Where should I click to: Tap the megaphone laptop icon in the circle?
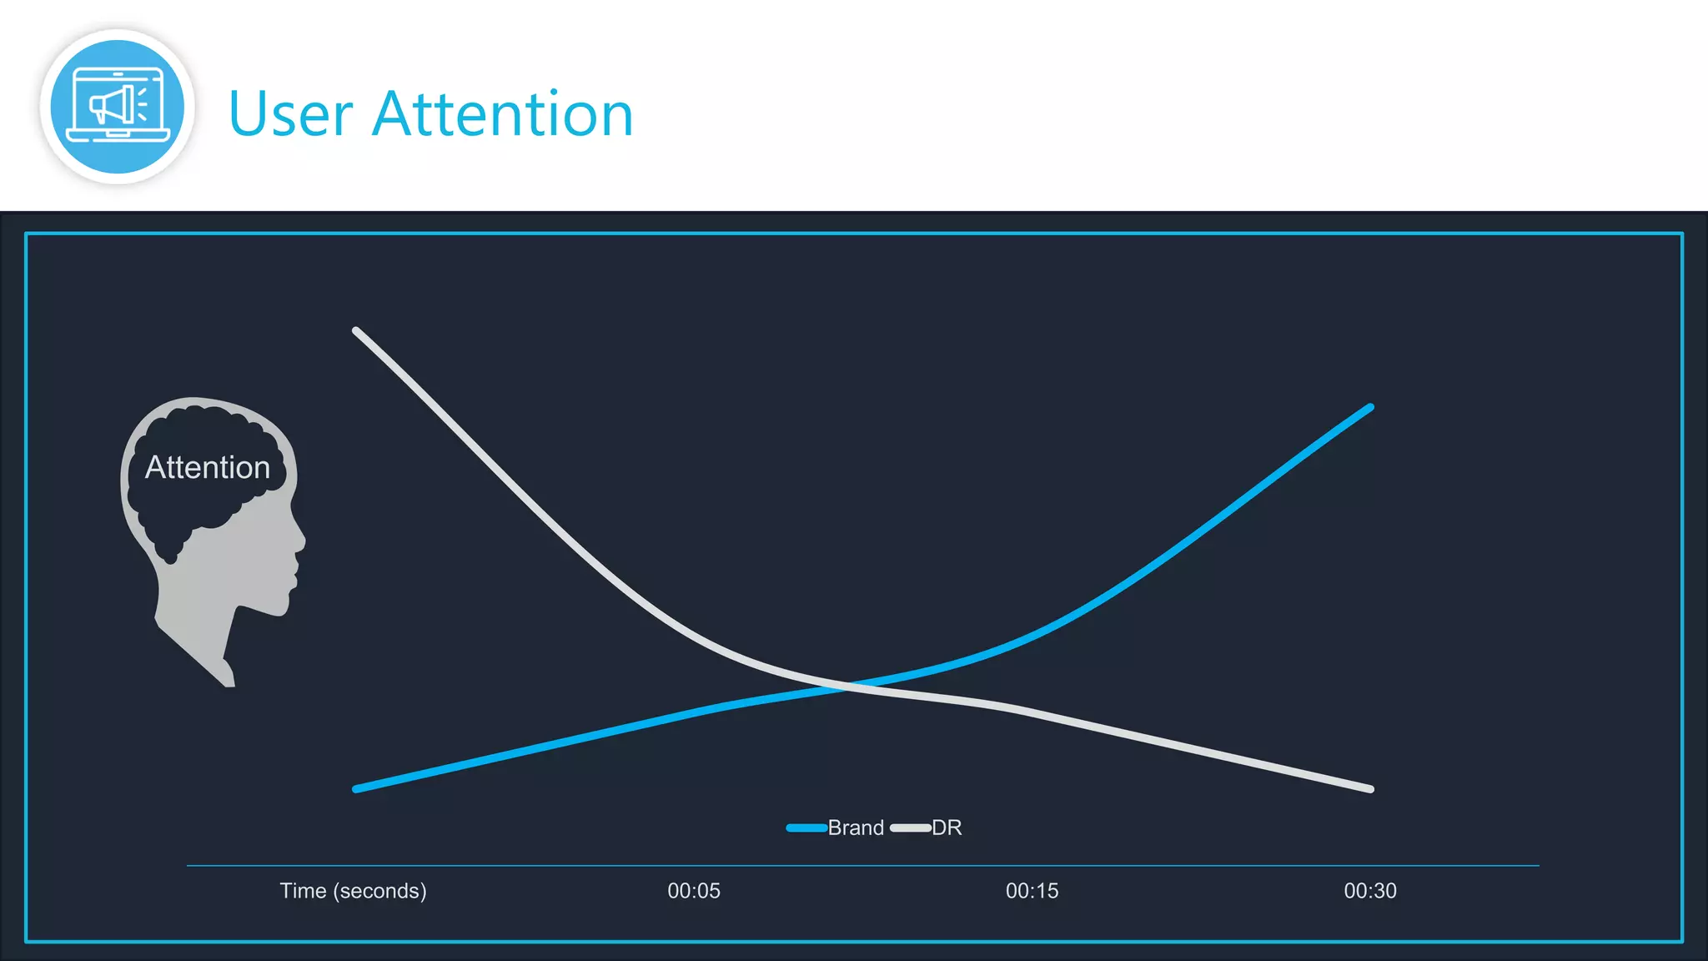[118, 107]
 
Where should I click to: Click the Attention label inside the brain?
[208, 467]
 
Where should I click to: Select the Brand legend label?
[856, 828]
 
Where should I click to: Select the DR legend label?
[947, 828]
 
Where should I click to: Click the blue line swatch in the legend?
[806, 828]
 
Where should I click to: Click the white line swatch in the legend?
[910, 828]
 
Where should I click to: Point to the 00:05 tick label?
[694, 891]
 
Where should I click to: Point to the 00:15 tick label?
[1032, 891]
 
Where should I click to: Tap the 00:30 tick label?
[1370, 891]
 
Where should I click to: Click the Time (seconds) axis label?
[353, 891]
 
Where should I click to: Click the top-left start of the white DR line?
[357, 331]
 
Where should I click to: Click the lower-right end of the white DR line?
[1369, 788]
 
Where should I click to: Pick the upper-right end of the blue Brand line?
[1369, 408]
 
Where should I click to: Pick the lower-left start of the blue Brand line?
[357, 788]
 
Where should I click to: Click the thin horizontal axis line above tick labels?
[862, 866]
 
